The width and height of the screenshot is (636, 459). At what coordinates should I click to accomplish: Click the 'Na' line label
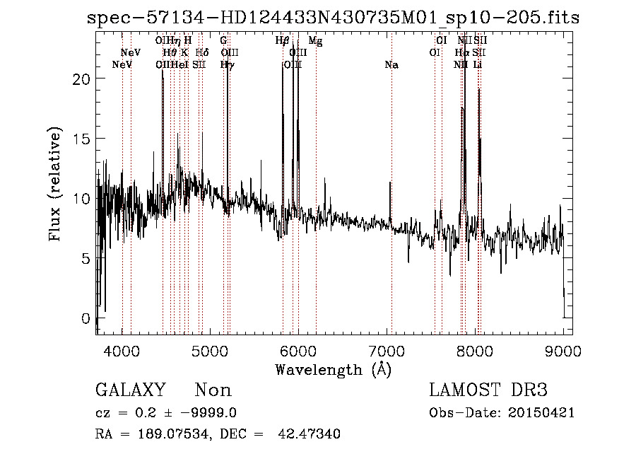tap(391, 65)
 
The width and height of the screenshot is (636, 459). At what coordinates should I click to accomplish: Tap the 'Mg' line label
tap(316, 41)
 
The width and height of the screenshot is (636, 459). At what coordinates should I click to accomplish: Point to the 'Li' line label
tap(478, 65)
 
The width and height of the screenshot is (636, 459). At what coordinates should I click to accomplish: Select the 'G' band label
tap(223, 41)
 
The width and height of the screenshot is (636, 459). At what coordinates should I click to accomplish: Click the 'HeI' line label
tap(179, 65)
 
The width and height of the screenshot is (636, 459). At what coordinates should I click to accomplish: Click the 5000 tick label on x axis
tap(210, 350)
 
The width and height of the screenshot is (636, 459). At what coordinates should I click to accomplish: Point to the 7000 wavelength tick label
tap(387, 350)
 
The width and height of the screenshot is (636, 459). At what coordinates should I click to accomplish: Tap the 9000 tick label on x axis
tap(563, 350)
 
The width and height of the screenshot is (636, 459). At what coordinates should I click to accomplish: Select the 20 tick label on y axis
tap(82, 79)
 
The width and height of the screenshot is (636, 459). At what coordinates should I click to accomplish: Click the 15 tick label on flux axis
tap(82, 139)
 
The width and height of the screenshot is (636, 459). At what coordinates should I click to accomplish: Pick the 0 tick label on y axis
tap(86, 318)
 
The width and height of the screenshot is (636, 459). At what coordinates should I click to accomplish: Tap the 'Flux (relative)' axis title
tap(55, 184)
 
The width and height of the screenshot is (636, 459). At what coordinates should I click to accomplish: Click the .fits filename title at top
tap(333, 18)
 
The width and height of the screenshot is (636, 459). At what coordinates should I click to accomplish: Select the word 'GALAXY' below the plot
tap(131, 390)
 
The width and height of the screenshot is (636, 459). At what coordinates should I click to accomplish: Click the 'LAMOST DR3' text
tap(488, 390)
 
